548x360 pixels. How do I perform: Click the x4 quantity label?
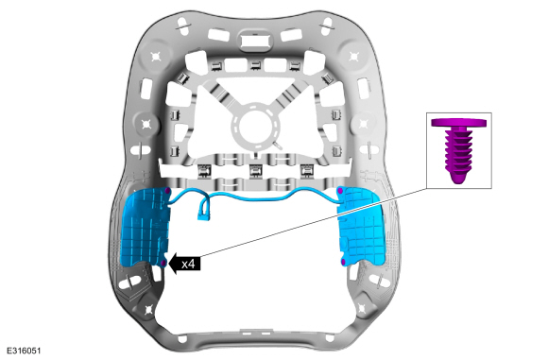[188, 264]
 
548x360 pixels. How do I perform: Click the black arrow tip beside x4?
[169, 264]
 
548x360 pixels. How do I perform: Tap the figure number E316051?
[24, 351]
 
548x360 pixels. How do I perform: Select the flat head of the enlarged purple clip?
[458, 123]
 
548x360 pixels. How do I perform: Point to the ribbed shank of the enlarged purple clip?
[458, 155]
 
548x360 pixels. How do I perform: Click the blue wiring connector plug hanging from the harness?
[202, 215]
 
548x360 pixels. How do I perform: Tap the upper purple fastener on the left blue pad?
[168, 191]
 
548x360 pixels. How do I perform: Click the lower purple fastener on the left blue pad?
[163, 263]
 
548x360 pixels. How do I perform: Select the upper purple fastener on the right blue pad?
[340, 191]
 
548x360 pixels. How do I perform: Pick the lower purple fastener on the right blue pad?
[343, 262]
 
